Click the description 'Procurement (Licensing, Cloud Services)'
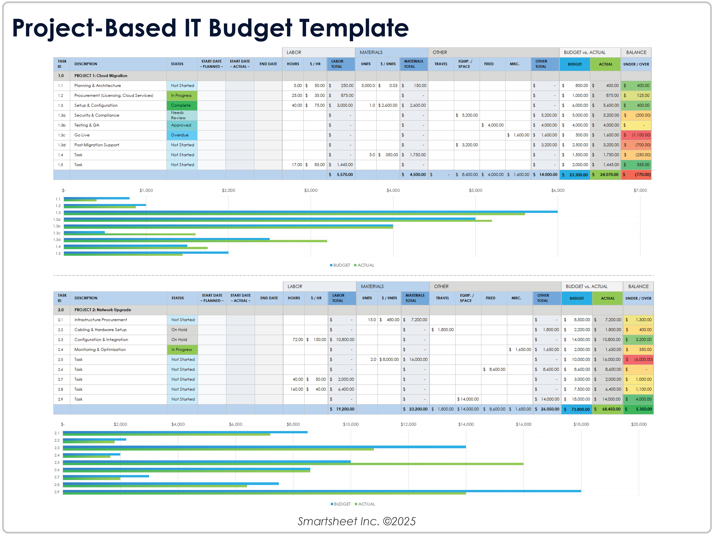pos(114,95)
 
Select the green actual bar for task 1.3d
pos(195,241)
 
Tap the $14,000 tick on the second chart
pos(466,424)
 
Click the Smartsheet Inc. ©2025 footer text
pos(357,521)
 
